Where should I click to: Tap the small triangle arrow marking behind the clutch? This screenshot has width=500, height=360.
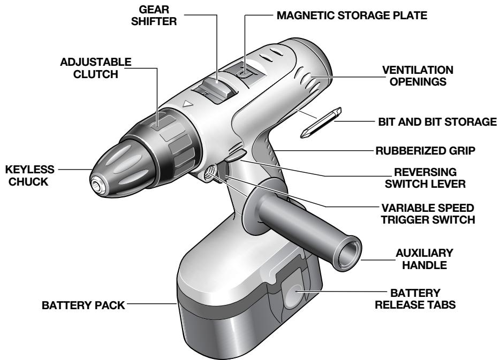(x=187, y=105)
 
